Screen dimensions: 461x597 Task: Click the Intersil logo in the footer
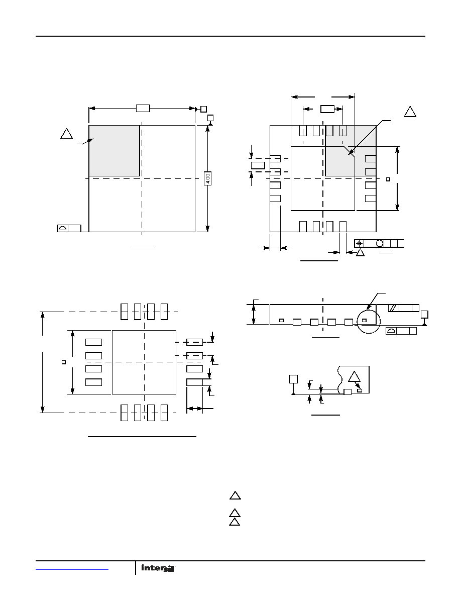(x=158, y=568)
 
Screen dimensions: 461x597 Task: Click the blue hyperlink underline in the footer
(x=72, y=569)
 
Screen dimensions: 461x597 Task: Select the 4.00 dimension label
(x=208, y=178)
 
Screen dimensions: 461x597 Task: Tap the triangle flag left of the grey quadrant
(x=67, y=134)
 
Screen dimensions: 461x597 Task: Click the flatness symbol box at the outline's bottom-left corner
(x=69, y=228)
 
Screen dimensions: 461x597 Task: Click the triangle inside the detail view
(x=354, y=377)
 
